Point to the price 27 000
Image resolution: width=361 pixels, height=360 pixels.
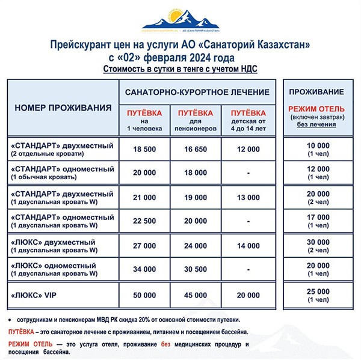[x=145, y=246]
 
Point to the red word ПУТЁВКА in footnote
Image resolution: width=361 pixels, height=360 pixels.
[x=21, y=332]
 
